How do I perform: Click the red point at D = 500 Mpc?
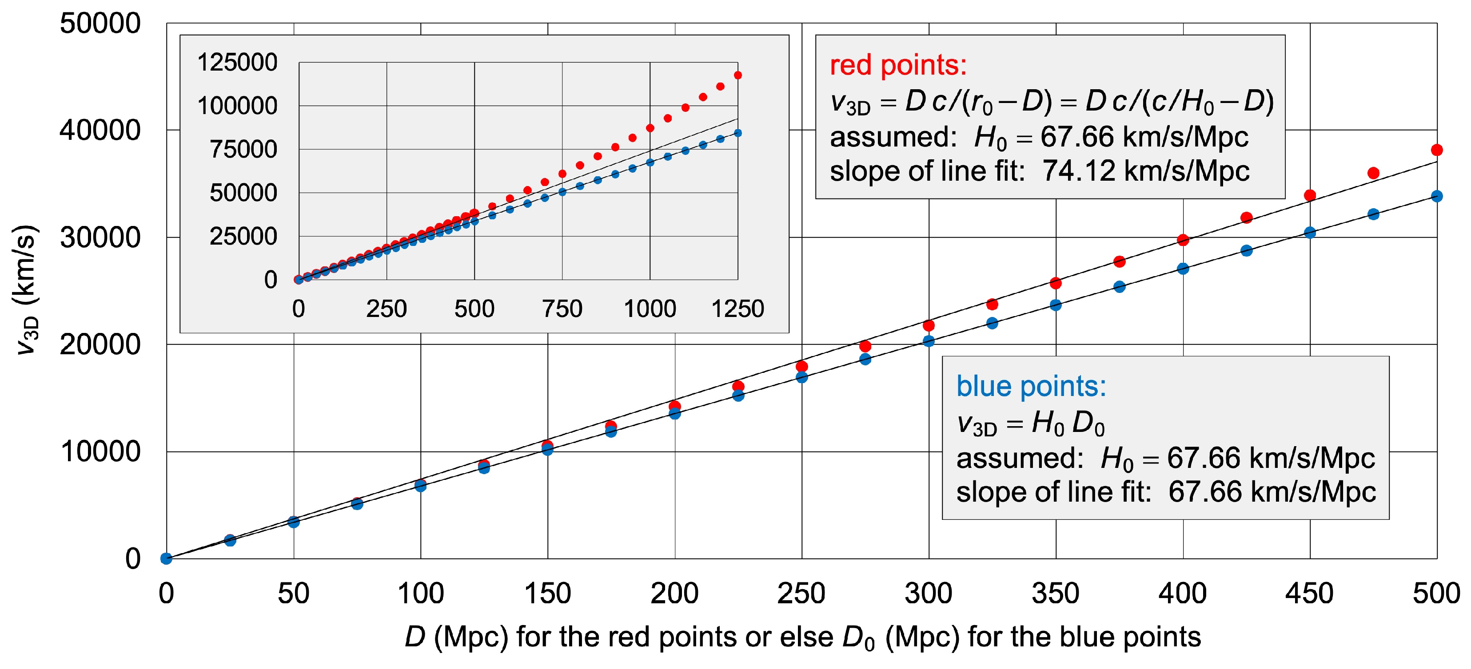point(1437,150)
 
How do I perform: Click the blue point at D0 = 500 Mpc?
point(1437,196)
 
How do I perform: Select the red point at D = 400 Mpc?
point(1183,240)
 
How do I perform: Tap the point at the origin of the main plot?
point(166,558)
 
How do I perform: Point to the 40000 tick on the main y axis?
point(100,130)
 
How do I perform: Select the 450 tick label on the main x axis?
point(1309,593)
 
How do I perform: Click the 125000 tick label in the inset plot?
point(237,62)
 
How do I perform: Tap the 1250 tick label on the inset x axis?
point(737,309)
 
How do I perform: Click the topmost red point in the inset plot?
point(738,75)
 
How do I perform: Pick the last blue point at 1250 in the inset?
point(738,133)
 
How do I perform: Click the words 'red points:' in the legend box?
point(898,65)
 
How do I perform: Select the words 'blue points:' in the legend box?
point(1031,387)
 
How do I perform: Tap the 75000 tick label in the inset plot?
point(243,149)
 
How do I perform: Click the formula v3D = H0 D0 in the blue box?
point(1031,424)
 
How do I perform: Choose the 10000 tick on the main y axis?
point(100,451)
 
